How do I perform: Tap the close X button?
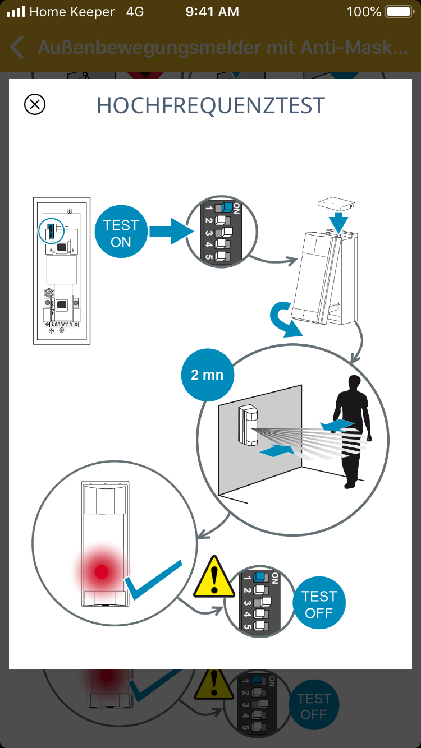point(35,104)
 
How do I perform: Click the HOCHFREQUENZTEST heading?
point(210,105)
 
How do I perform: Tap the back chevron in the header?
point(17,48)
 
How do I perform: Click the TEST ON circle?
point(121,233)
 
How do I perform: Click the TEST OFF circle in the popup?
point(319,604)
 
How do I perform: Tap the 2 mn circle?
point(207,375)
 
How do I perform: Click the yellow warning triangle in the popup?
point(214,578)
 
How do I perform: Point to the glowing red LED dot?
point(102,571)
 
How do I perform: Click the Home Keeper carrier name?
point(72,12)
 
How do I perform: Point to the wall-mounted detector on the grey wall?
point(248,426)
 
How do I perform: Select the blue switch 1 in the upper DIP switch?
point(227,207)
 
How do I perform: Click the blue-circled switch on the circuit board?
point(49,229)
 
